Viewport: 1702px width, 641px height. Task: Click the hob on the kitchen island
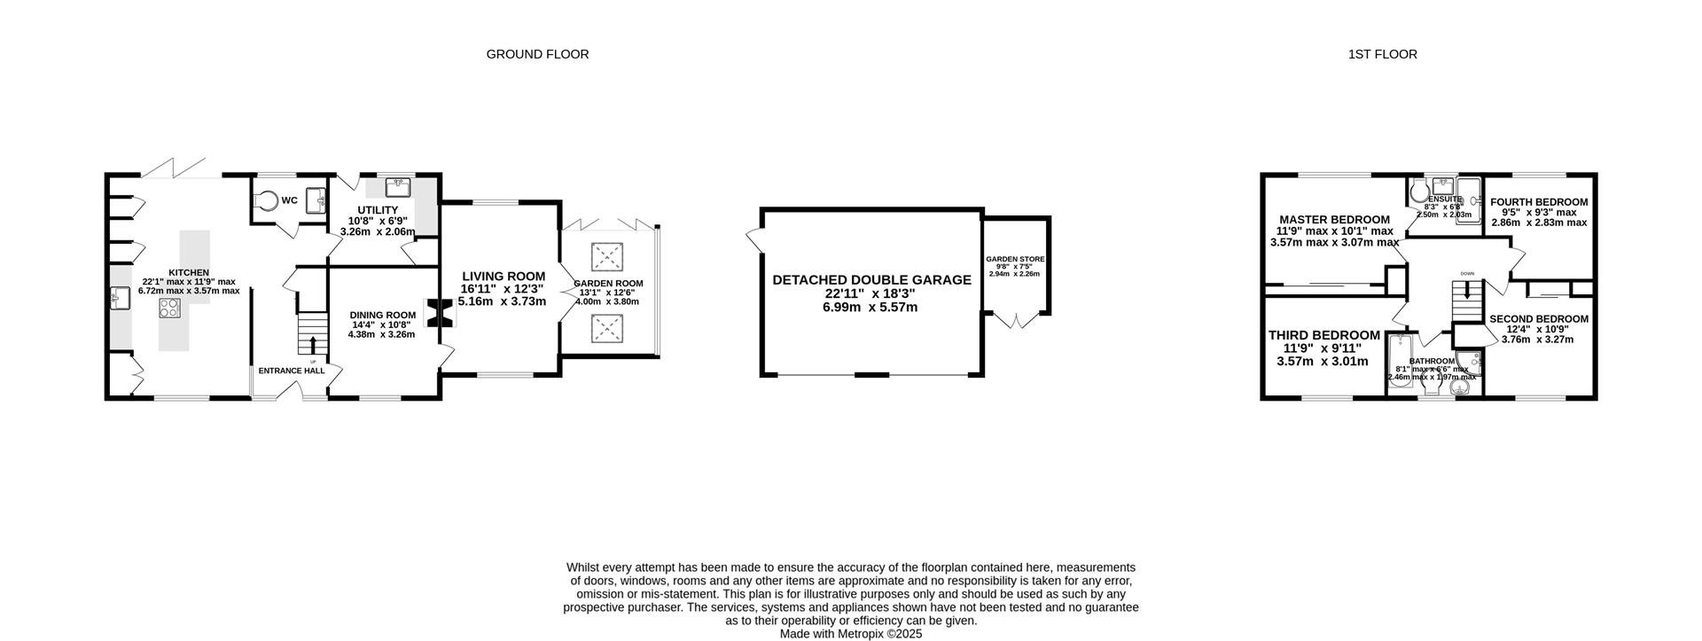169,308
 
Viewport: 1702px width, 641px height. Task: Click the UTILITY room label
378,210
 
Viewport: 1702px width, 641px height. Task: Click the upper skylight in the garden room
607,257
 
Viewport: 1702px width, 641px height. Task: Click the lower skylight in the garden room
607,329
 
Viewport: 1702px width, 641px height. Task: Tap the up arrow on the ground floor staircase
312,343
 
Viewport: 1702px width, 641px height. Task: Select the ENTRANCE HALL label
291,371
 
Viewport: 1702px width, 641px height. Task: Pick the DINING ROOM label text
382,315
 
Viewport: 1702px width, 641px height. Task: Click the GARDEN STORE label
1015,259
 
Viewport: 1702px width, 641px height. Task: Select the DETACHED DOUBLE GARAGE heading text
871,279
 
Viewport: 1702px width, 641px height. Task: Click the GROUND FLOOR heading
537,54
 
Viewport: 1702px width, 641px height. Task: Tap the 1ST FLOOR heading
1382,54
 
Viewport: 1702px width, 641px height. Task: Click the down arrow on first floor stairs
1467,293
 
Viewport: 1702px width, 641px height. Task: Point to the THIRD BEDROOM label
1323,335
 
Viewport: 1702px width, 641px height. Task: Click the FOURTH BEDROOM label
1539,202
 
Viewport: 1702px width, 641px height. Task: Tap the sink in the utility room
398,187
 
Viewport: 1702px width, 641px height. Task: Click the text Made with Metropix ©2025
850,634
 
